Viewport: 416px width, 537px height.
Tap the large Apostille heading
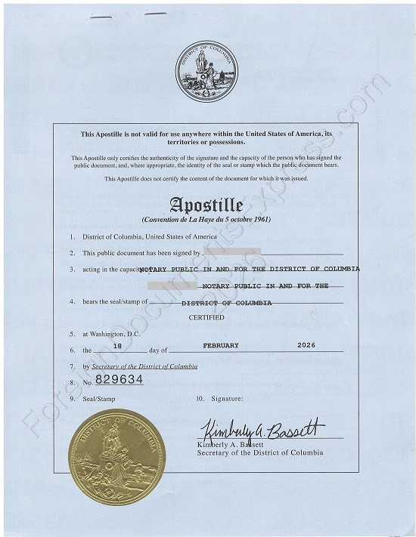(206, 205)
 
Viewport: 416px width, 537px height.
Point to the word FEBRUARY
(221, 345)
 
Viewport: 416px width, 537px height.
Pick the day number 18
(117, 345)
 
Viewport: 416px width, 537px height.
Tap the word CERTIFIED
(206, 318)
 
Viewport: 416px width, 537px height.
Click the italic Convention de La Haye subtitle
(206, 219)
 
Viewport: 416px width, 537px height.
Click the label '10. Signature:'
(219, 397)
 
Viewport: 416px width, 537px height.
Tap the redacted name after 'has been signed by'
(231, 251)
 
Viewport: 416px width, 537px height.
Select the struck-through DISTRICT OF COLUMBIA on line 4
(227, 303)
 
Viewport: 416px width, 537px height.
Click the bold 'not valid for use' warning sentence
(206, 137)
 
